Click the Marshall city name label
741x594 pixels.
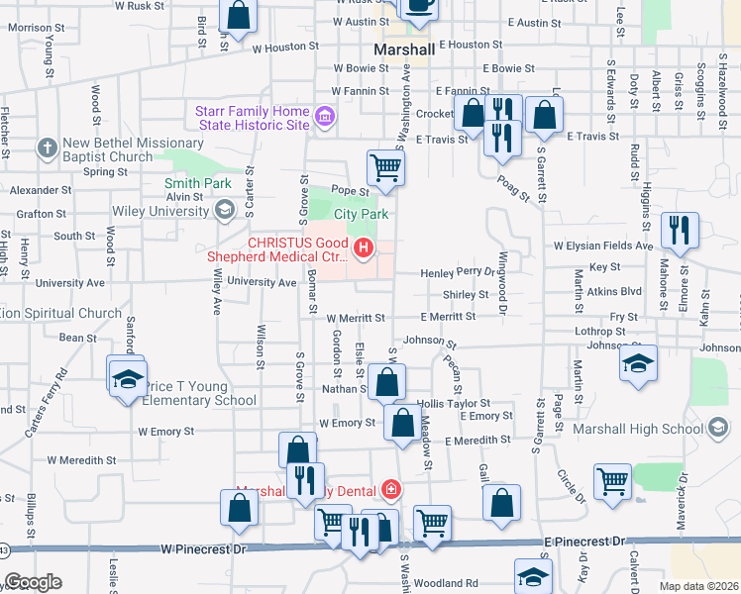coord(404,49)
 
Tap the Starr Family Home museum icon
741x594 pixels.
coord(323,120)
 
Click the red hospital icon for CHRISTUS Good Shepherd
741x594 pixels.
coord(365,247)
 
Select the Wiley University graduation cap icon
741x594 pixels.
coord(225,208)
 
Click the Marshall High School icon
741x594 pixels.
coord(719,428)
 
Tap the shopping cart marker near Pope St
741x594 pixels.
coord(384,166)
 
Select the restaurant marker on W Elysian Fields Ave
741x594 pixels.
coord(680,229)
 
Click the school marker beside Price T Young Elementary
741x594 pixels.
coord(127,379)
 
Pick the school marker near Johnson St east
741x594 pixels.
coord(638,361)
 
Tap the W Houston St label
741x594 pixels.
coord(285,47)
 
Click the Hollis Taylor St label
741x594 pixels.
coord(454,404)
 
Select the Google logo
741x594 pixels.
coord(33,582)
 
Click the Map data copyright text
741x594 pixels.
coord(699,586)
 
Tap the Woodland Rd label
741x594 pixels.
coord(446,583)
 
